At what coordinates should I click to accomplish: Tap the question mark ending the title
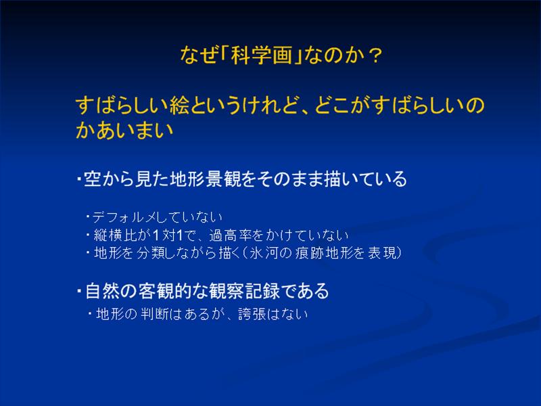point(375,55)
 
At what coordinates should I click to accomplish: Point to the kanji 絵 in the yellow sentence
point(179,106)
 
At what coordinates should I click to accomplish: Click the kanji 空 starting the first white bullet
point(93,179)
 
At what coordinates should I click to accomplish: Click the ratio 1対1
point(167,235)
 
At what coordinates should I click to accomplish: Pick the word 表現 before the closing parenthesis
point(382,253)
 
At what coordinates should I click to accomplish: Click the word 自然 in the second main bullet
point(103,291)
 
